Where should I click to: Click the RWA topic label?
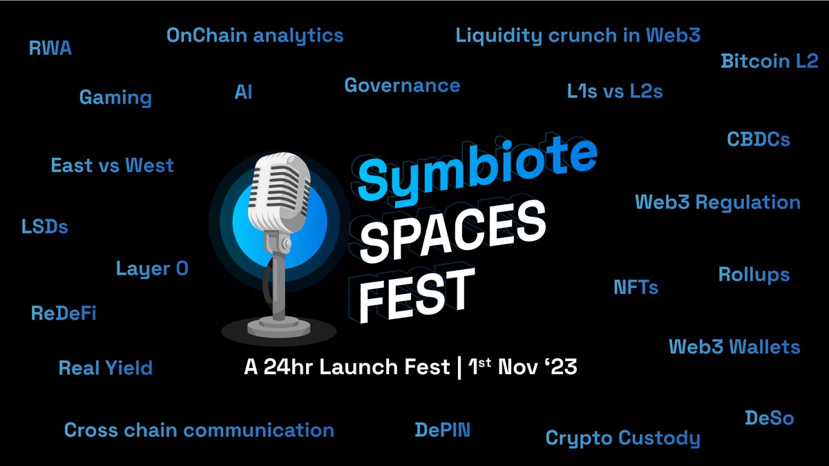point(50,48)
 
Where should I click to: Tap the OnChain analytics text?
point(255,35)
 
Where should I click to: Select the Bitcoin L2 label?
point(769,61)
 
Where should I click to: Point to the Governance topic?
point(402,86)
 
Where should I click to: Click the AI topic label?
point(243,92)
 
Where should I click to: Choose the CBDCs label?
point(758,139)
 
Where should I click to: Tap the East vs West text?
point(112,166)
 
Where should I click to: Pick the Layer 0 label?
point(152,269)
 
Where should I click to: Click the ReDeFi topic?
point(64,313)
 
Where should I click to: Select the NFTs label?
point(636,287)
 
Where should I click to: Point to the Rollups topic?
point(754,275)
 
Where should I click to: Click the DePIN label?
point(442,430)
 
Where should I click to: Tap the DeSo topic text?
point(769,418)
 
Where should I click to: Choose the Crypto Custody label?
point(622,438)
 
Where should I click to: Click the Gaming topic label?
point(115,97)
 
